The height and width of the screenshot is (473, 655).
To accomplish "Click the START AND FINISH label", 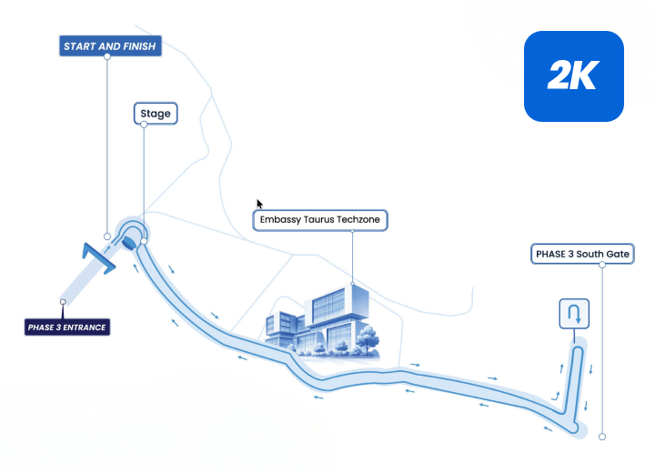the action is click(x=110, y=46).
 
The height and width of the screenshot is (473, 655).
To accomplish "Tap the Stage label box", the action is click(x=156, y=113).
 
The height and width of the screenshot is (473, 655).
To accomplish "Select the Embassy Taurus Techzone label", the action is click(x=320, y=220).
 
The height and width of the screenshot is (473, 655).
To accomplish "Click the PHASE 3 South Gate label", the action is click(x=582, y=254).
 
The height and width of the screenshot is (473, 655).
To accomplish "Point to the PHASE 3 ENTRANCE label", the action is click(x=66, y=327).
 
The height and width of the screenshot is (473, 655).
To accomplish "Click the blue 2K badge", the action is click(x=574, y=76).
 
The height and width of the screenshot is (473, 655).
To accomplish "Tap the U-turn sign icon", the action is click(x=574, y=314).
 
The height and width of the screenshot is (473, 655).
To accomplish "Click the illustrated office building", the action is click(x=322, y=322).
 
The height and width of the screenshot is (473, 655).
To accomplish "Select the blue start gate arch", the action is click(x=98, y=258).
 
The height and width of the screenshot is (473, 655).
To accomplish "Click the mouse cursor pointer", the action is click(x=259, y=204).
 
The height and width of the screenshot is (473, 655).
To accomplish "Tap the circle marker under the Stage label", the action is click(x=144, y=241).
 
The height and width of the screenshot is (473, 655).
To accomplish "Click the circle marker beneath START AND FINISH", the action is click(x=107, y=236).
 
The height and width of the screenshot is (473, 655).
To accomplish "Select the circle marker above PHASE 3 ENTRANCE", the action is click(x=63, y=302).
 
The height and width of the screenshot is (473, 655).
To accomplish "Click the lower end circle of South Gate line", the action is click(x=602, y=437).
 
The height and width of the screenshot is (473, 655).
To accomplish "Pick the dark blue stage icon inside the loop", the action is click(x=129, y=242).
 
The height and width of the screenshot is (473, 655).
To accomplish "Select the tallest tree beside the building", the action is click(x=368, y=339).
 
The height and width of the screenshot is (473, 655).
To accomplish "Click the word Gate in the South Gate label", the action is click(x=619, y=254).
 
